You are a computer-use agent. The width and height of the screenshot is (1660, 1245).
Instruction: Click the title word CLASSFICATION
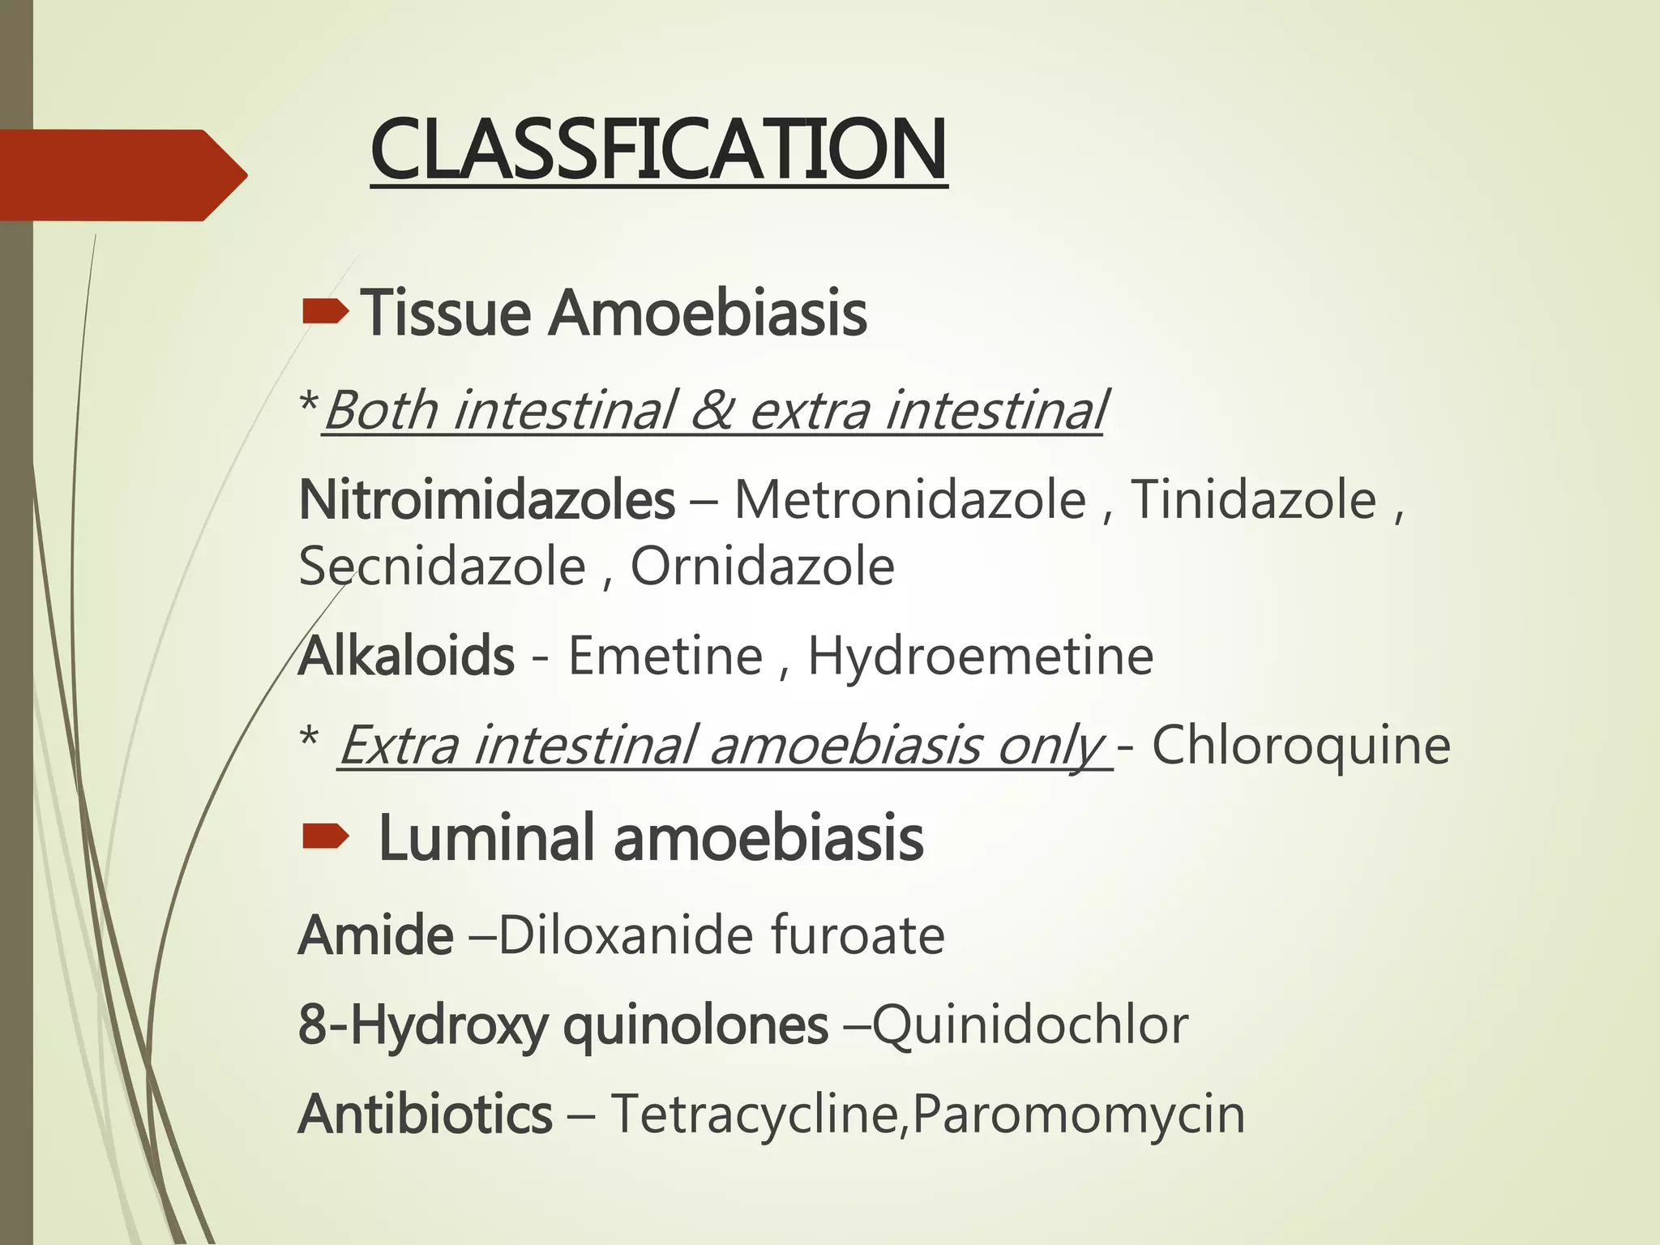click(658, 151)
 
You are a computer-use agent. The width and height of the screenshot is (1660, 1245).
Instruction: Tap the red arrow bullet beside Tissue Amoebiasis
click(325, 311)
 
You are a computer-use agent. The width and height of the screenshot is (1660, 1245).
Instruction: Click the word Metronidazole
click(909, 499)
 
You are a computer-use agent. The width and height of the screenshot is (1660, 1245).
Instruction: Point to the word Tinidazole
click(1253, 499)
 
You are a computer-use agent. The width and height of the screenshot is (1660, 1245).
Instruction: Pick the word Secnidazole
click(442, 567)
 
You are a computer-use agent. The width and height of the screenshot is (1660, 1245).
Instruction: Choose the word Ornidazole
click(762, 567)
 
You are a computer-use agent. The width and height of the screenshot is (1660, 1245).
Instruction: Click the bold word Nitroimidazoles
click(486, 499)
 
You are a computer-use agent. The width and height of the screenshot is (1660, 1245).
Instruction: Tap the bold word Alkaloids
click(406, 656)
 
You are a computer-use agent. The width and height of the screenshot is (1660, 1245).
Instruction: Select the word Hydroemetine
click(980, 656)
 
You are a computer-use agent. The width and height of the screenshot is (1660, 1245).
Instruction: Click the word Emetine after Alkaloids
click(665, 656)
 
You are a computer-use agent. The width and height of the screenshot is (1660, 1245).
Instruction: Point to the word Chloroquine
click(1300, 745)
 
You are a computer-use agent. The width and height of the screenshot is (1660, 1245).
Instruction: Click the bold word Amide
click(375, 935)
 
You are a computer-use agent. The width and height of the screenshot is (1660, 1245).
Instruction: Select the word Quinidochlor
click(1029, 1025)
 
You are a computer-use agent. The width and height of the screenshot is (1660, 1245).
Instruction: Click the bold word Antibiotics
click(425, 1115)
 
